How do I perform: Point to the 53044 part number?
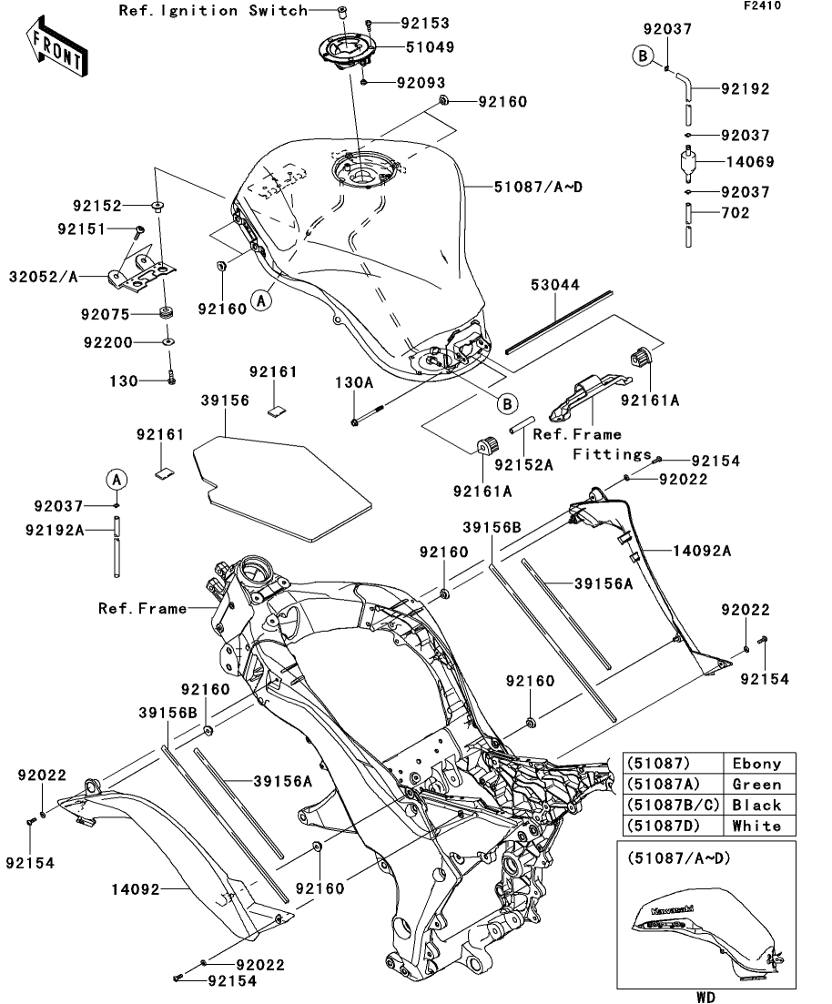[555, 286]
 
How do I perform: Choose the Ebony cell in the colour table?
[756, 763]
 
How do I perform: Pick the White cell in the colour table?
[756, 826]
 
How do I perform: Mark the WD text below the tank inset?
[707, 997]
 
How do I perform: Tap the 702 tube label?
[735, 213]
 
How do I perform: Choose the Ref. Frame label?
[142, 608]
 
